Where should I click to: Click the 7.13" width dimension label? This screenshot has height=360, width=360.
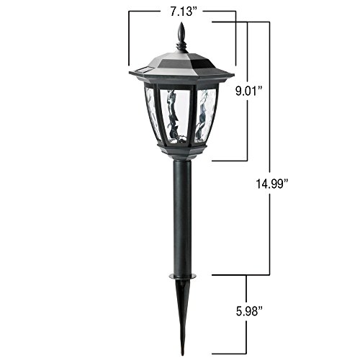[181, 12]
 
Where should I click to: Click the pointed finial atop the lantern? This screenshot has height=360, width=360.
[181, 35]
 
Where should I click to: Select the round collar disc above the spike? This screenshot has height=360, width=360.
[182, 275]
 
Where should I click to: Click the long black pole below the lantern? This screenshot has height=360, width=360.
[182, 216]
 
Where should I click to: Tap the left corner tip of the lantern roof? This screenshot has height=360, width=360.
[130, 72]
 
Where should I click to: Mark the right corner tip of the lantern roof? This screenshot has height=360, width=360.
[233, 73]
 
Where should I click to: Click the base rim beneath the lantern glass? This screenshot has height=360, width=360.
[181, 149]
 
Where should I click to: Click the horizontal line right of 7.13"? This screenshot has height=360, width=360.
[220, 12]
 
